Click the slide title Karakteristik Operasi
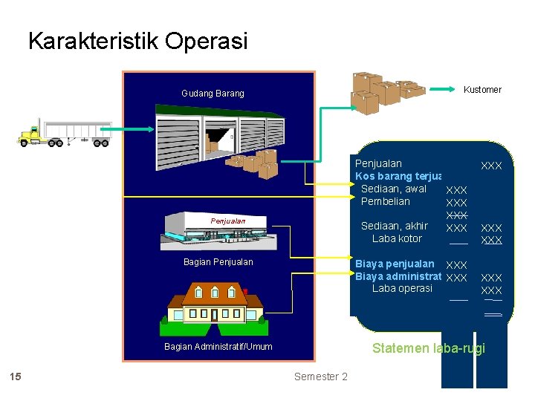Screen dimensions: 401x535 (137, 41)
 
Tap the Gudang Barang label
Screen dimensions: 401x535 (213, 94)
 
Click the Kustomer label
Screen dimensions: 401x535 (482, 90)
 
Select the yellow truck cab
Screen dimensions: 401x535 (30, 134)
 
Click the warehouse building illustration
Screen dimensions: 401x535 (219, 134)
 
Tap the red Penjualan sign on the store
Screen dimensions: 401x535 (227, 221)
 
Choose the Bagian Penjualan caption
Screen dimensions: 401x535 (218, 262)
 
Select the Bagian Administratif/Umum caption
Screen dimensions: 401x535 (218, 347)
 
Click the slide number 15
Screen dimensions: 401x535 (16, 376)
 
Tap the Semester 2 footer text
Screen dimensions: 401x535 (320, 376)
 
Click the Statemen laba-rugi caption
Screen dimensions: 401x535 (428, 348)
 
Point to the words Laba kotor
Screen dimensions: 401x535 (397, 238)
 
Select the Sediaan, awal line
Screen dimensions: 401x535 (393, 189)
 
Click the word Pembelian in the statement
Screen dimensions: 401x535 (385, 201)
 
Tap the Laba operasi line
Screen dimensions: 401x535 (402, 288)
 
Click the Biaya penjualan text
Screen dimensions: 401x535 (395, 264)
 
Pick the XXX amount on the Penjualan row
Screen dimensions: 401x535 (491, 166)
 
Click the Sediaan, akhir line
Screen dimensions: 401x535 (394, 226)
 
